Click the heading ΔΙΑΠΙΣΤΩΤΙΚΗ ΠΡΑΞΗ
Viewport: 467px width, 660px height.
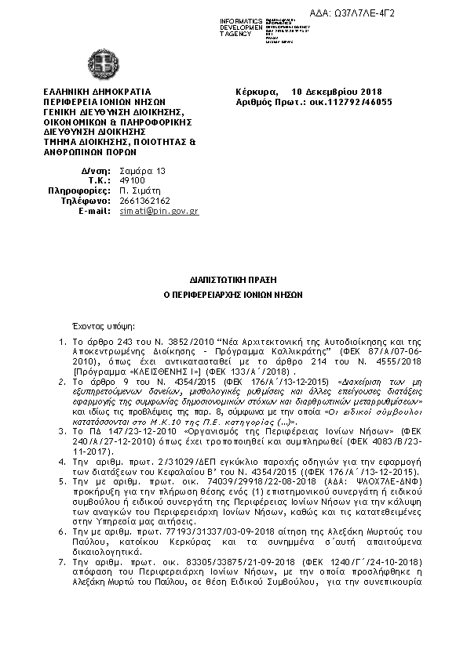(x=233, y=278)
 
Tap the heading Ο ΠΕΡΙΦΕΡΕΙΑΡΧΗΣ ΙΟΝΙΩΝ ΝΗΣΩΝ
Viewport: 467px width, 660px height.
(x=233, y=296)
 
